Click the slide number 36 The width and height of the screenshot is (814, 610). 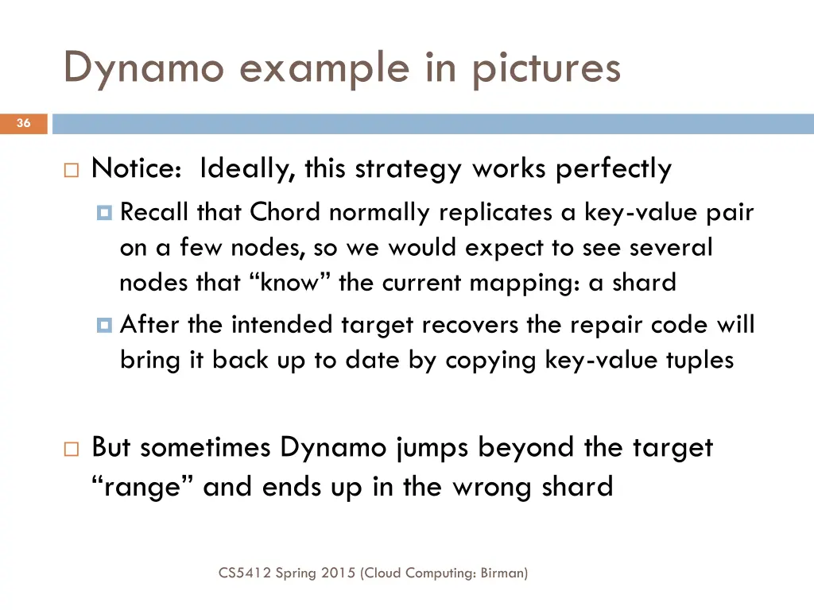tap(23, 123)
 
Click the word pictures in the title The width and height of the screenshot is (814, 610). tap(546, 68)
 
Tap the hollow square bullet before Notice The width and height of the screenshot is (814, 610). tap(71, 170)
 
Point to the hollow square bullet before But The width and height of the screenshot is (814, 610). tap(71, 449)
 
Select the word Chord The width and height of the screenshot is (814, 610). tap(285, 212)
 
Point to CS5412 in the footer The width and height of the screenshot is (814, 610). tap(244, 572)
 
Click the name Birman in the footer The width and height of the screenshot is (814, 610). tap(502, 572)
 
